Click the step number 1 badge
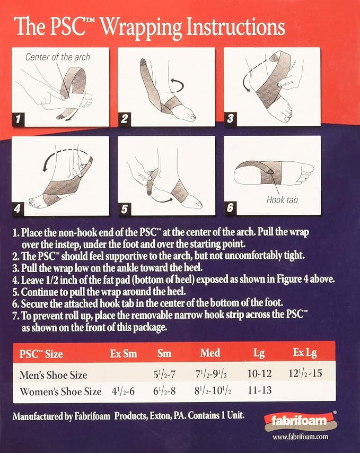click(18, 119)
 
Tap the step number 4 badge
click(18, 208)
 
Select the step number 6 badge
click(230, 208)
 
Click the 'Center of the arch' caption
click(58, 57)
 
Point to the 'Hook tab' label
click(282, 199)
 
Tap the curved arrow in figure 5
click(163, 198)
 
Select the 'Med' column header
click(210, 353)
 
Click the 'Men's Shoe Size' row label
click(54, 375)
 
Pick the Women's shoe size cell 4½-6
click(124, 391)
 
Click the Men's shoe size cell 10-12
click(260, 374)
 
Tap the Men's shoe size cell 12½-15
click(305, 373)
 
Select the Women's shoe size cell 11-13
click(260, 390)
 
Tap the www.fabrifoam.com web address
click(300, 437)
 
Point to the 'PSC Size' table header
click(41, 354)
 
